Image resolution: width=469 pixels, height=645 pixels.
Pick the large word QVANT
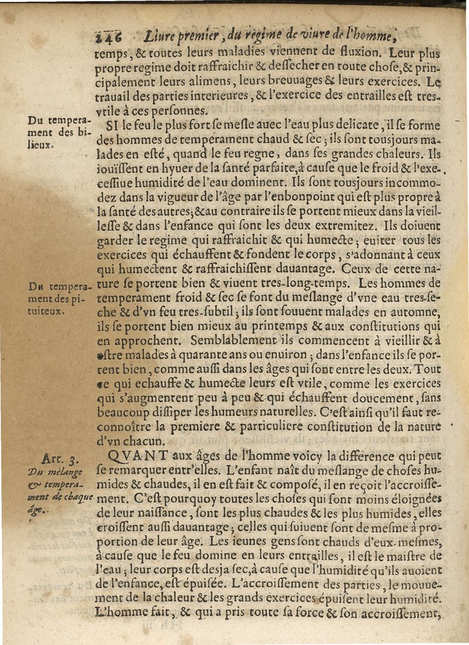pos(137,455)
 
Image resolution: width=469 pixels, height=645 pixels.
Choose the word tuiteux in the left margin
pos(46,312)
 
